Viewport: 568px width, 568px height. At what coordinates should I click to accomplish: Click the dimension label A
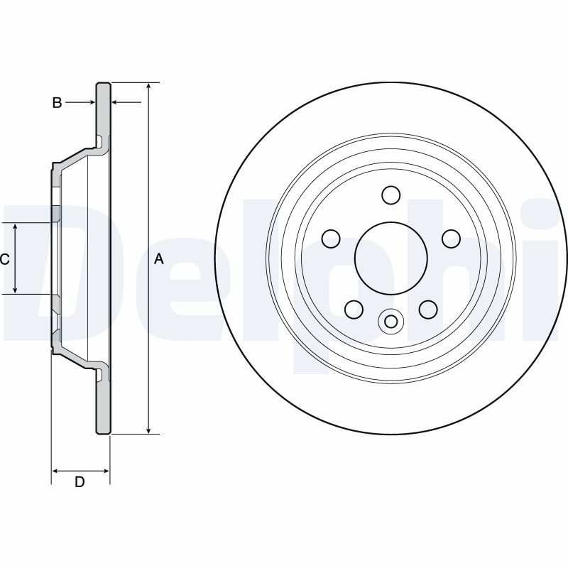pyautogui.click(x=159, y=259)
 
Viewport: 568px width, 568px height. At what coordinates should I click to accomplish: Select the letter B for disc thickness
pyautogui.click(x=57, y=103)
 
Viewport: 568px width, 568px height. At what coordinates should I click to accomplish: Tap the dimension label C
pyautogui.click(x=4, y=259)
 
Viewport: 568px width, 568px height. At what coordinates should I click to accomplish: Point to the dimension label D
pyautogui.click(x=80, y=482)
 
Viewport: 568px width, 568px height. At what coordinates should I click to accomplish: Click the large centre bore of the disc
pyautogui.click(x=390, y=257)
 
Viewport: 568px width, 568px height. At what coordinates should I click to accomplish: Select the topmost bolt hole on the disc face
pyautogui.click(x=390, y=195)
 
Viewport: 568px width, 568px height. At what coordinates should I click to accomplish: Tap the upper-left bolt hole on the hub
pyautogui.click(x=331, y=239)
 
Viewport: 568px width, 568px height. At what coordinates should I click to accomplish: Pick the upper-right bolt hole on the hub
pyautogui.click(x=450, y=239)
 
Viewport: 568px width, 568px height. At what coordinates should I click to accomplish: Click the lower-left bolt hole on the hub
pyautogui.click(x=354, y=309)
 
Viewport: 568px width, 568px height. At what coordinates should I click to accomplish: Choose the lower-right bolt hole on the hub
pyautogui.click(x=427, y=309)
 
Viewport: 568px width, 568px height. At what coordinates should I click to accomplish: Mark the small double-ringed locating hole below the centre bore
pyautogui.click(x=390, y=321)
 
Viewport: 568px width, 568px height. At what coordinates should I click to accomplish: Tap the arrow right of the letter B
pyautogui.click(x=90, y=103)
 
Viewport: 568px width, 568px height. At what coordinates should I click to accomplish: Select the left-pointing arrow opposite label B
pyautogui.click(x=116, y=103)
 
